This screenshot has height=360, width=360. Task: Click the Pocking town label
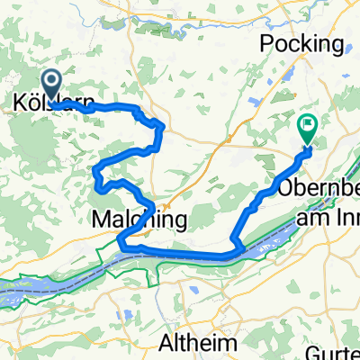301,44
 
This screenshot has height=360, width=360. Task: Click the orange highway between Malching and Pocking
193,171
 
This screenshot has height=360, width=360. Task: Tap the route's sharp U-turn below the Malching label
121,239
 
